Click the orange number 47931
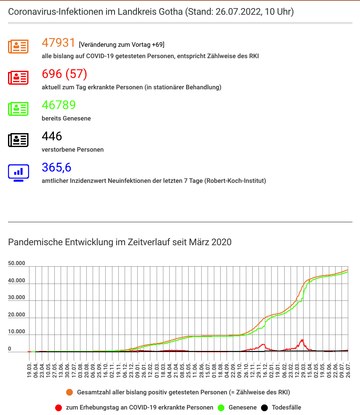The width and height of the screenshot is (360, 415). (59, 43)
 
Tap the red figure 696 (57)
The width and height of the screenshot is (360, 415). (64, 74)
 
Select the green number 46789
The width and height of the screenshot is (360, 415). (59, 105)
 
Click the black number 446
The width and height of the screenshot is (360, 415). (52, 137)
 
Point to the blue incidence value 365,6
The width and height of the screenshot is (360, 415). (56, 168)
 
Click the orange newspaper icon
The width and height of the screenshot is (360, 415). (18, 47)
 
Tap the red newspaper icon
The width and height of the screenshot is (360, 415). (18, 78)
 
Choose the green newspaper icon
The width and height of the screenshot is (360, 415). (18, 109)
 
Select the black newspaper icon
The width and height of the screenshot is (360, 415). (18, 140)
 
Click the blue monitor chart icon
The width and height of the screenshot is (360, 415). (18, 173)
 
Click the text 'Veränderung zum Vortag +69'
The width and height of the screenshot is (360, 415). (121, 45)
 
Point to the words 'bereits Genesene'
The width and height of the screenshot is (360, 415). (66, 118)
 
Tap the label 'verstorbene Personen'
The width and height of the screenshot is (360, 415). (73, 150)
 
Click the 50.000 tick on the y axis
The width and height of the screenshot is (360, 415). (16, 263)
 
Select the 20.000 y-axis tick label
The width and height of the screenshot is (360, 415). (16, 315)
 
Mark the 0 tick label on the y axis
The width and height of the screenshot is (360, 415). (10, 349)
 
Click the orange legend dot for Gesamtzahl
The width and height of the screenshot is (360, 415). (69, 392)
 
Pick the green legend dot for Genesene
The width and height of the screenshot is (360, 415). (221, 407)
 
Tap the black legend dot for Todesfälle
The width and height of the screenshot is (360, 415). (264, 407)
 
